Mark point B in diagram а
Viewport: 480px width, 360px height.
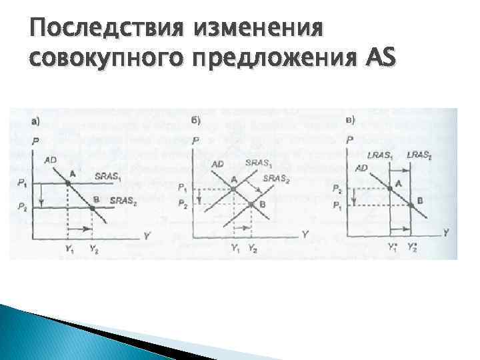tap(91, 207)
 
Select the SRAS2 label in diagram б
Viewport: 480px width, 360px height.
tap(276, 178)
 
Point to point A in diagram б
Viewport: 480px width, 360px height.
tap(233, 189)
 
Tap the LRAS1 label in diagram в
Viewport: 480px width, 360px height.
tap(380, 155)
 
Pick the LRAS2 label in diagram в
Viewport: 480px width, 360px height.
tap(419, 155)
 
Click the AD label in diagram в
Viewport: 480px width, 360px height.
tap(361, 168)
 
